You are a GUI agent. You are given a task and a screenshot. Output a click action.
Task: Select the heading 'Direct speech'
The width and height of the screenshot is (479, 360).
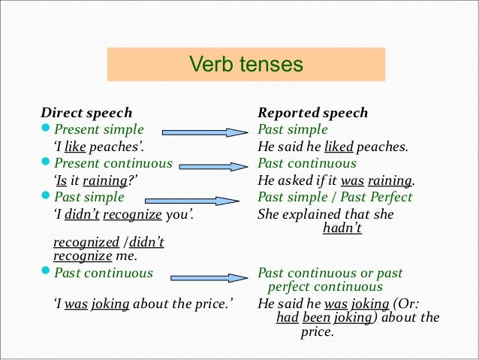(86, 113)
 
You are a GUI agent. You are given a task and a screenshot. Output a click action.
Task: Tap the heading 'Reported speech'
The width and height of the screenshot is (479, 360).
(313, 113)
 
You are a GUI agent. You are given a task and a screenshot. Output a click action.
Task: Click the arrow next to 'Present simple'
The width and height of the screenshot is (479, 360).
(204, 132)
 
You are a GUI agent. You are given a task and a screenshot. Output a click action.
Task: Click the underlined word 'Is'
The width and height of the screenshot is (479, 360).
(62, 181)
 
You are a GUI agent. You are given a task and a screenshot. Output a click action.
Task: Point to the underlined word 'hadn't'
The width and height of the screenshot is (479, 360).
(342, 228)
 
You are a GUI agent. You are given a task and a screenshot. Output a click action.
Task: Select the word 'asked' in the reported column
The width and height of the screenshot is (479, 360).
(297, 181)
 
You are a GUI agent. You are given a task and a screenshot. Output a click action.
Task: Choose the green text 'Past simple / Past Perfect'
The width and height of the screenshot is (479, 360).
(335, 197)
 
